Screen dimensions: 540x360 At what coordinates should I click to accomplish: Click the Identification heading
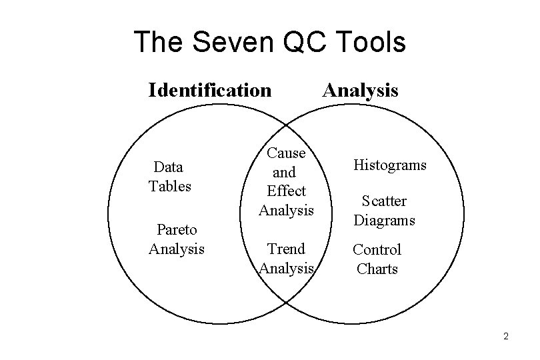coord(210,89)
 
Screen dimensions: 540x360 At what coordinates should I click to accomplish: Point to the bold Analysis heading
coord(360,89)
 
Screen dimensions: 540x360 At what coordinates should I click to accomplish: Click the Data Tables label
coord(169,176)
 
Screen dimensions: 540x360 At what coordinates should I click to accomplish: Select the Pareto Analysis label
coord(177,239)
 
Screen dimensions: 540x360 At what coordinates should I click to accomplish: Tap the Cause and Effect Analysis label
coord(286,181)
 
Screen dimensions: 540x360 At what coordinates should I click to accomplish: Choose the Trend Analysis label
coord(286,259)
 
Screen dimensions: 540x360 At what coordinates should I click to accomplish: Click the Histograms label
coord(390,165)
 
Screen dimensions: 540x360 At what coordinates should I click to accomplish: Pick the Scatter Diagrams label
coord(384,211)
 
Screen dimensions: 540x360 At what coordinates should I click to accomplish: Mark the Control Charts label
coord(377,259)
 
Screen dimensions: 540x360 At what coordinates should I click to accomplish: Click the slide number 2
coord(506,336)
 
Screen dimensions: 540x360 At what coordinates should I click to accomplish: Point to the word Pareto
coord(177,230)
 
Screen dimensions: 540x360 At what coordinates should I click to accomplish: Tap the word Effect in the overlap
coord(286,191)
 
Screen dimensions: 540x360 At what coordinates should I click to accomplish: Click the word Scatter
coord(384,201)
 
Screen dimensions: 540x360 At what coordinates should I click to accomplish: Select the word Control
coord(377,250)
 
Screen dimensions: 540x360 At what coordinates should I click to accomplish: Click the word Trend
coord(286,249)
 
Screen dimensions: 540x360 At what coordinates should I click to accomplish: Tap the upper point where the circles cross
coord(286,125)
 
